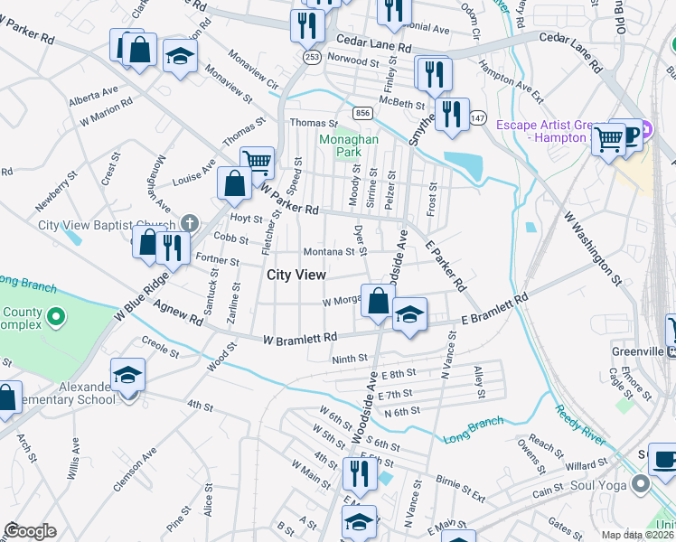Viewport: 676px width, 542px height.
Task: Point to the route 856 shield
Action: [362, 112]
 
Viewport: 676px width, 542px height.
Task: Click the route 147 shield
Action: [477, 118]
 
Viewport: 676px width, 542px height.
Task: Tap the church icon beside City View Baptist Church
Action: [189, 222]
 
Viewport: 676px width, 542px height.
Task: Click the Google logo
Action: [30, 531]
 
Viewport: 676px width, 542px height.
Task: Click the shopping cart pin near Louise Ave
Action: [258, 164]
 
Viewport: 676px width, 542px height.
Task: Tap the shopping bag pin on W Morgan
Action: [378, 301]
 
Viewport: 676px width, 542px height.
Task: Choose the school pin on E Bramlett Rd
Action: [409, 315]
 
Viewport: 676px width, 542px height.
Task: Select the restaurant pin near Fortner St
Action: [171, 248]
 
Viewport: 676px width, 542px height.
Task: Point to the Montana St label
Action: [328, 252]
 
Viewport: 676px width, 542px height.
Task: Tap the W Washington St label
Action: [593, 248]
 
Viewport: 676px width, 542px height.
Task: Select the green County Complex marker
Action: [55, 317]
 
